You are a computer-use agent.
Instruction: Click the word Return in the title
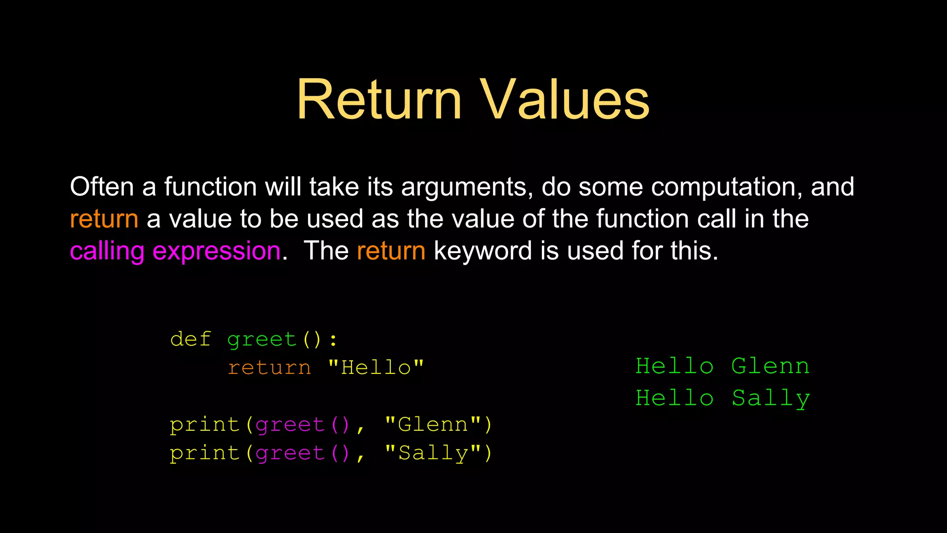coord(379,99)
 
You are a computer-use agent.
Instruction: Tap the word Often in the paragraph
coord(102,187)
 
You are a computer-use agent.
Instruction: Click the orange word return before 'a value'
coord(104,219)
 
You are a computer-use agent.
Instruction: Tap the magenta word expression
coord(216,251)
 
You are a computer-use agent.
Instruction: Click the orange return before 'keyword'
coord(391,251)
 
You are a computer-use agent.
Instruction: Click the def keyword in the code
coord(191,339)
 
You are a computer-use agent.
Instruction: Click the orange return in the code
coord(269,368)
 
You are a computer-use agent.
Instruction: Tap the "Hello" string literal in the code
coord(375,368)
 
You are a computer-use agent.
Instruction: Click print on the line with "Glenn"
coord(204,425)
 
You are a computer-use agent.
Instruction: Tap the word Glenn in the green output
coord(770,366)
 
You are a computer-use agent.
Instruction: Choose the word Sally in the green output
coord(770,398)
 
